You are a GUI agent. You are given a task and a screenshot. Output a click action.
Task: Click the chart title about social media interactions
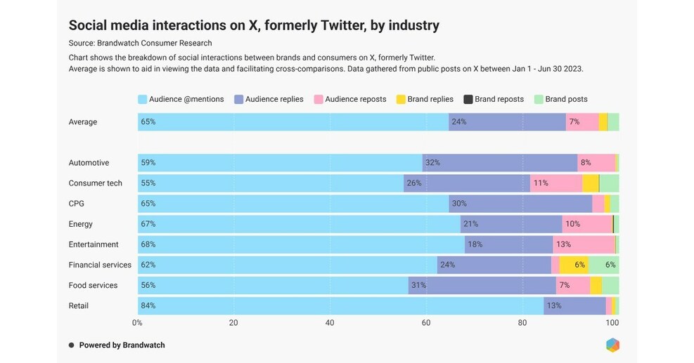tap(253, 25)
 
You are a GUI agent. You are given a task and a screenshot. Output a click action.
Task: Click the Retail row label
tap(79, 305)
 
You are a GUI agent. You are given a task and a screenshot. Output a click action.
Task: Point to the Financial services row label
tap(100, 265)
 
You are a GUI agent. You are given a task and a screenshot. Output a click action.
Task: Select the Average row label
tap(83, 121)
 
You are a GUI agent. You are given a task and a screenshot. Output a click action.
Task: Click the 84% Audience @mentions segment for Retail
tap(340, 305)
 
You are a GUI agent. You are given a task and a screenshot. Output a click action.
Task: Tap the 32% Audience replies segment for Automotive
tap(499, 162)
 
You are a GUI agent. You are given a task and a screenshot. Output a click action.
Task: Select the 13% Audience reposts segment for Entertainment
tap(584, 244)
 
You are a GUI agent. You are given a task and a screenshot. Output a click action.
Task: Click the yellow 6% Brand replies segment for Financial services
tap(574, 265)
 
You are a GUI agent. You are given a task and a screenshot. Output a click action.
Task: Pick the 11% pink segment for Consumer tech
tap(555, 183)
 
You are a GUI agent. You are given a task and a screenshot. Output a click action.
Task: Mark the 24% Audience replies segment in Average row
tap(507, 121)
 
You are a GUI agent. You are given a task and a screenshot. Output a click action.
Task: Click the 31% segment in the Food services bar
tap(482, 285)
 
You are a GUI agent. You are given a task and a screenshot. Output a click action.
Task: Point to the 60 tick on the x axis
tap(426, 323)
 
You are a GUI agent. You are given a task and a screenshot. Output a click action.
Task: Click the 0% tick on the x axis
tap(138, 323)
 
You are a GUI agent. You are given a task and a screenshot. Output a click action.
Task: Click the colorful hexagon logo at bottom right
tap(612, 345)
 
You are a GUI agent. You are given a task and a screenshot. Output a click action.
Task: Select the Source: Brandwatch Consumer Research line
tap(141, 44)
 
